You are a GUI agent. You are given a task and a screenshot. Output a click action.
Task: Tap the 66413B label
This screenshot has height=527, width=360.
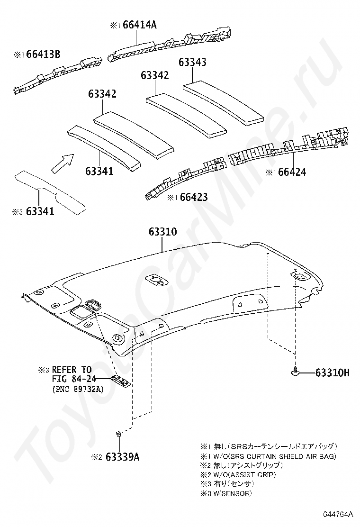43,55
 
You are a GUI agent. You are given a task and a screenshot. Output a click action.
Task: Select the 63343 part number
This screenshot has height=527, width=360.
192,62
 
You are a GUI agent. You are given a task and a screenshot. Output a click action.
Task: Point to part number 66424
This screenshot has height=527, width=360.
292,172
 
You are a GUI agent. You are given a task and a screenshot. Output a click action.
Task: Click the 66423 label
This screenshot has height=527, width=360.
193,197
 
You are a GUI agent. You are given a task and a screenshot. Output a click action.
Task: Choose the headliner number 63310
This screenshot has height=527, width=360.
162,232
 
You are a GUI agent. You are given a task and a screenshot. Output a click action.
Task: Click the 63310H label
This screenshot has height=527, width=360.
332,373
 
